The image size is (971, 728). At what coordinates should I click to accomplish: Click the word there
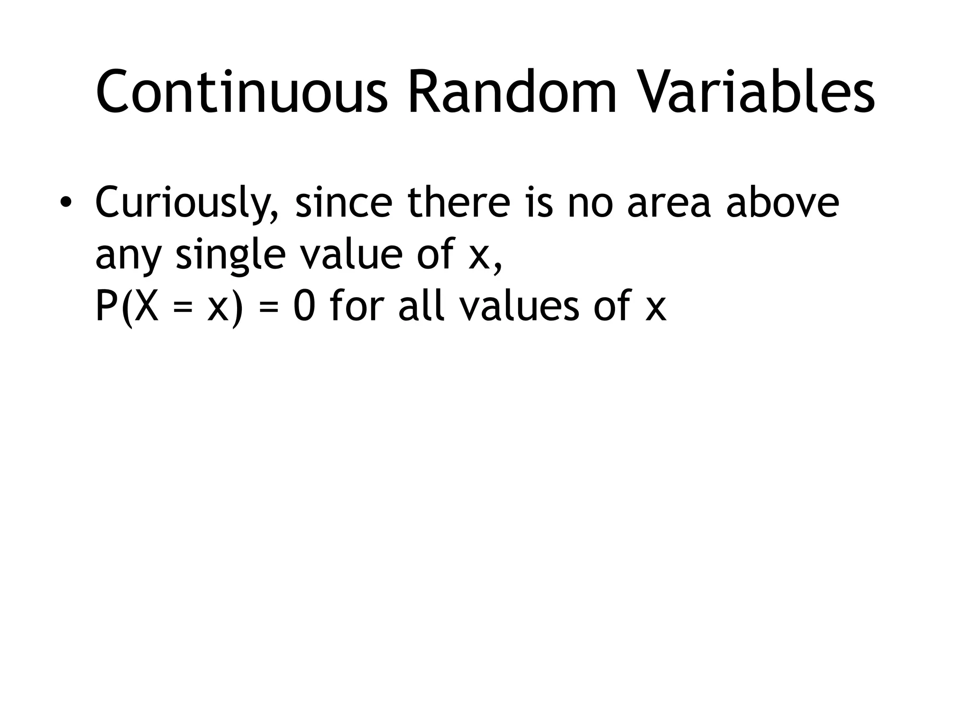point(459,202)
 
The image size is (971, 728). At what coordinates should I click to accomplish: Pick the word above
point(782,202)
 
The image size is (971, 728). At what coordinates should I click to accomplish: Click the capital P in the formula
point(106,306)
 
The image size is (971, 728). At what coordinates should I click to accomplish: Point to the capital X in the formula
point(145,306)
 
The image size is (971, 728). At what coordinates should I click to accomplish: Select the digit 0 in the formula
point(304,306)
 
